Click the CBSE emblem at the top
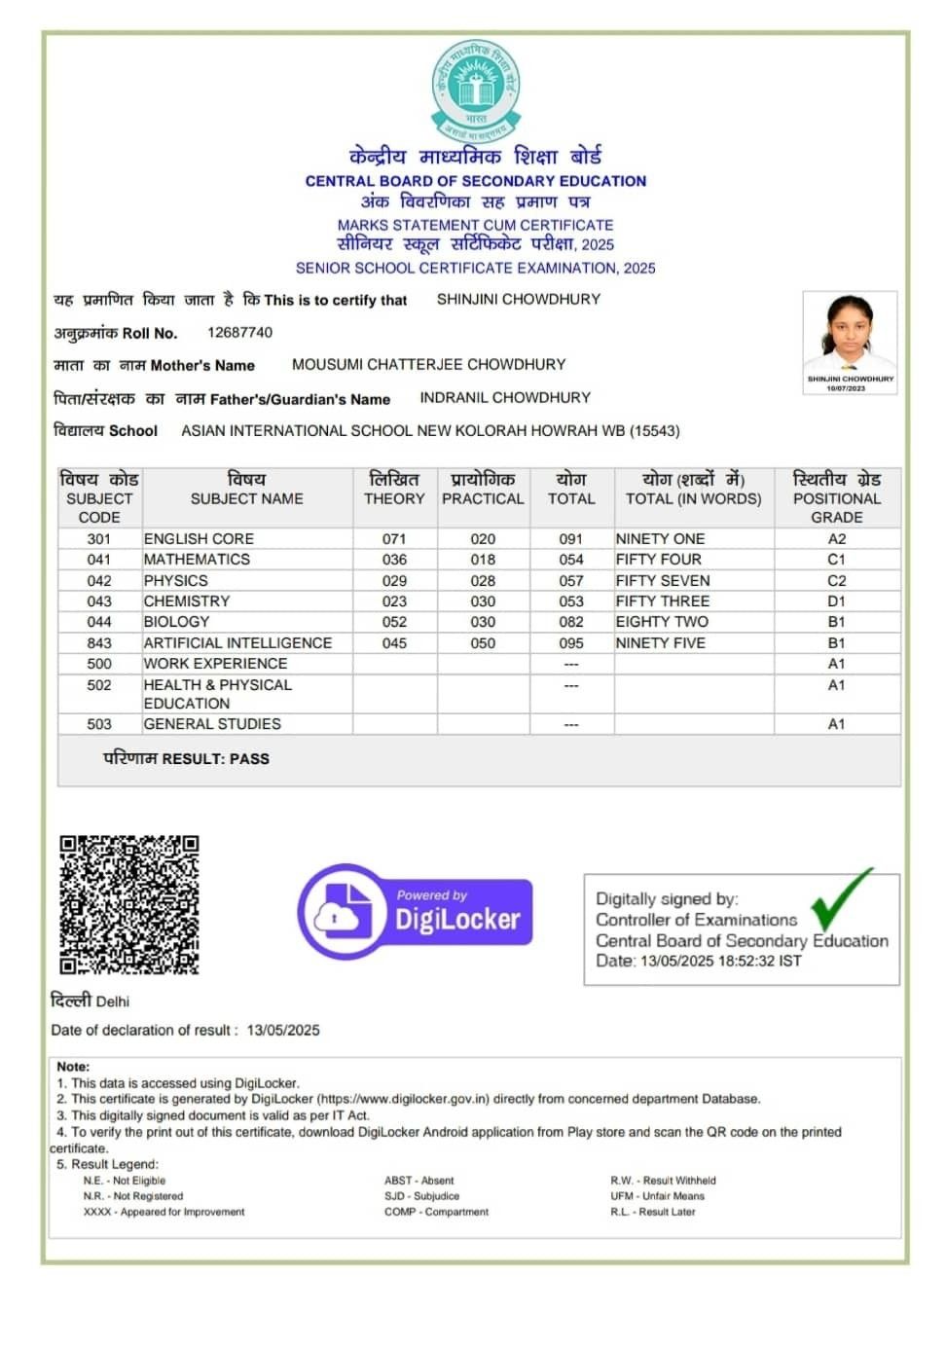point(475,91)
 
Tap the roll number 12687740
point(239,333)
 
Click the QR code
point(129,904)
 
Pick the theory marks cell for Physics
point(394,580)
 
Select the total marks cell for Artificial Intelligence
point(571,643)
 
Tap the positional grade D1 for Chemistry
point(836,601)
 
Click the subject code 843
point(99,643)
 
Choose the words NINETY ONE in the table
point(660,539)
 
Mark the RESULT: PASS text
point(187,759)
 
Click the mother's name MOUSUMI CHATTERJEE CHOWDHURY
point(428,365)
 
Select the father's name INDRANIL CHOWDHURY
point(505,398)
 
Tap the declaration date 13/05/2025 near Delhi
point(283,1031)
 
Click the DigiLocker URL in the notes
point(403,1100)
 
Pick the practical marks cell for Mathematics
point(483,560)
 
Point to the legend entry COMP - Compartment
point(436,1213)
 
